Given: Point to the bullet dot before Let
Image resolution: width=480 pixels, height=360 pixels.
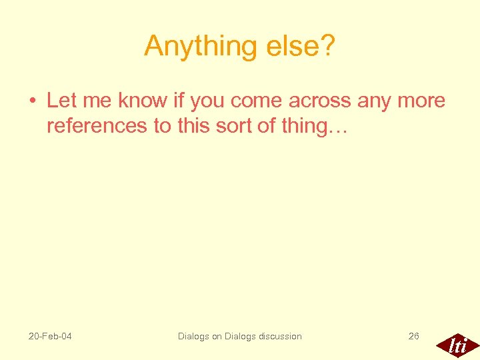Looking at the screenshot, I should tap(32, 101).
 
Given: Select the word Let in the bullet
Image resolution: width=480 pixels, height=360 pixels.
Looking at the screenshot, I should tap(61, 101).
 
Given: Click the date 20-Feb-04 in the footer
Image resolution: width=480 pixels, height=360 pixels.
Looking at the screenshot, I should tap(50, 336).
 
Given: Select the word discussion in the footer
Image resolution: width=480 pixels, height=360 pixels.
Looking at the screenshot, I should tap(276, 336).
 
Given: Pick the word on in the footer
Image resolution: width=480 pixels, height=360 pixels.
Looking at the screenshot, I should tap(217, 336).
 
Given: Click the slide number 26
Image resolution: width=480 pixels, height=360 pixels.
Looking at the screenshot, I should tap(414, 336).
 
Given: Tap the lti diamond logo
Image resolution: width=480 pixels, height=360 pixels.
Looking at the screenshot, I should tap(457, 345).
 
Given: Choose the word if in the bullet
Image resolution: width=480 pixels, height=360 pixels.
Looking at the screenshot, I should tap(179, 101).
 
